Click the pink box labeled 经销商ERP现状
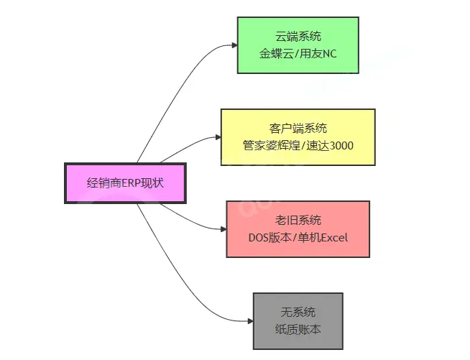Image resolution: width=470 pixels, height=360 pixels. coord(125,183)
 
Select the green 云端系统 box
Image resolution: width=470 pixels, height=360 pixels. coord(298,45)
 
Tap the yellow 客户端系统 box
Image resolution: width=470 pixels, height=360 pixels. coord(298,137)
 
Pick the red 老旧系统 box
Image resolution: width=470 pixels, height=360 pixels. coord(298,229)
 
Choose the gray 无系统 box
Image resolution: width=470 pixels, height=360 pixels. coord(298,321)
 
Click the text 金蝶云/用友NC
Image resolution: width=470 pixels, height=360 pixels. coord(298,54)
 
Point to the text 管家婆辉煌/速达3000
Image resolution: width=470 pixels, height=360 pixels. coord(298,146)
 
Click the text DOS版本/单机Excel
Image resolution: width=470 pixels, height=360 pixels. coord(298,238)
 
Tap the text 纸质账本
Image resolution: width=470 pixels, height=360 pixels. coord(298,330)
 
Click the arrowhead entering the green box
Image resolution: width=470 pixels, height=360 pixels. coord(234,45)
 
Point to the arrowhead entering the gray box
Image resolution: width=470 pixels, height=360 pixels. coord(249,321)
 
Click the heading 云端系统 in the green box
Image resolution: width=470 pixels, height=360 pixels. coord(298,36)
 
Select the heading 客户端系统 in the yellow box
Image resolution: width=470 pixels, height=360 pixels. coord(298,128)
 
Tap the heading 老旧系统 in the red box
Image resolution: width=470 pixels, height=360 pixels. coord(298,220)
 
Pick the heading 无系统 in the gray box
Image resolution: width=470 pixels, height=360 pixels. coord(298,313)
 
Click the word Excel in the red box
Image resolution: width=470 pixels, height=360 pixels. coord(333,238)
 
